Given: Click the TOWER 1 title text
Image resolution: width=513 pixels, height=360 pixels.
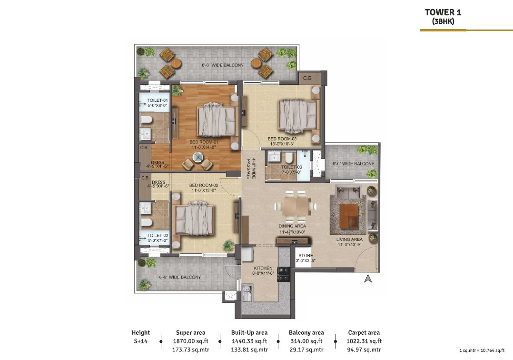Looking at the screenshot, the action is [443, 12].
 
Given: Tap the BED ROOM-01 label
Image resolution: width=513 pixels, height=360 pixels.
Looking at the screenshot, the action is [204, 142].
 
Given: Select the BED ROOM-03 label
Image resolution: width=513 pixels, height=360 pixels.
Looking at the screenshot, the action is [282, 139].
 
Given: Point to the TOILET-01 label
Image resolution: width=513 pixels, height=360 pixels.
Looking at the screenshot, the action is [158, 100].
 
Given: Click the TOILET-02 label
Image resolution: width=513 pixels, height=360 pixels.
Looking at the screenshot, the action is [158, 235].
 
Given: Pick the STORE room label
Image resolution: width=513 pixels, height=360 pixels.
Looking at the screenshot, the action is [306, 256].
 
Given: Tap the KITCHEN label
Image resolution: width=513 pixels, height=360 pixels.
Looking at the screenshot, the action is [263, 268].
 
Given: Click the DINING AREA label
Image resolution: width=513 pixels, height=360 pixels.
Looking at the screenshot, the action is [292, 226].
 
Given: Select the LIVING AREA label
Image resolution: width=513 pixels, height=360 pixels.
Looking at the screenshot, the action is [349, 240].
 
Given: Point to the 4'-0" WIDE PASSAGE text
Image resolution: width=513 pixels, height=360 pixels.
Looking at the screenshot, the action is [251, 169].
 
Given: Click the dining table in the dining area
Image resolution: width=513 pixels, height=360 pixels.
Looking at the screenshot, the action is [296, 207].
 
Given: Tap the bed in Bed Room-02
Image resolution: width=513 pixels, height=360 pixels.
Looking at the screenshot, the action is [194, 218].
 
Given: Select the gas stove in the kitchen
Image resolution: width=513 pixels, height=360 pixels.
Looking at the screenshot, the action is [283, 274].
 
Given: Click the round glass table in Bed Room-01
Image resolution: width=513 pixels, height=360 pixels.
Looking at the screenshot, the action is [198, 158].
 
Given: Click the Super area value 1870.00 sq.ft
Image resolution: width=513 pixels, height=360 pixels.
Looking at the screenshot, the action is [191, 341].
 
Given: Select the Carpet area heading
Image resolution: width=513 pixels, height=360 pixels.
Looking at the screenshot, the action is [364, 332].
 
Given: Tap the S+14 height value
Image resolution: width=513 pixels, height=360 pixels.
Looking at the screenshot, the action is [141, 341].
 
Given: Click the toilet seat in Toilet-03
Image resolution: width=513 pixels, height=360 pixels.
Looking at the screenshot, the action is [289, 158].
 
